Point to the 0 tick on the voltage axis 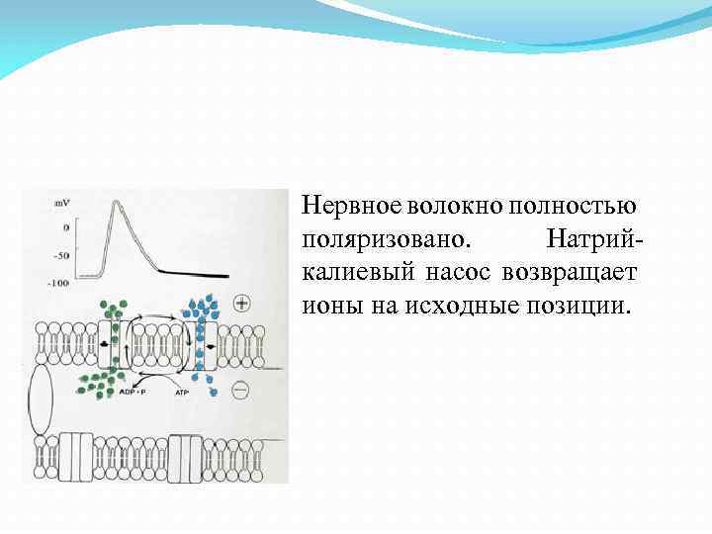pos(65,227)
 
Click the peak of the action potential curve pos(121,203)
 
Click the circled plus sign pos(242,302)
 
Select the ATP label pos(181,394)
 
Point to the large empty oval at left pos(42,400)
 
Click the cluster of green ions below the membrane pos(100,380)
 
